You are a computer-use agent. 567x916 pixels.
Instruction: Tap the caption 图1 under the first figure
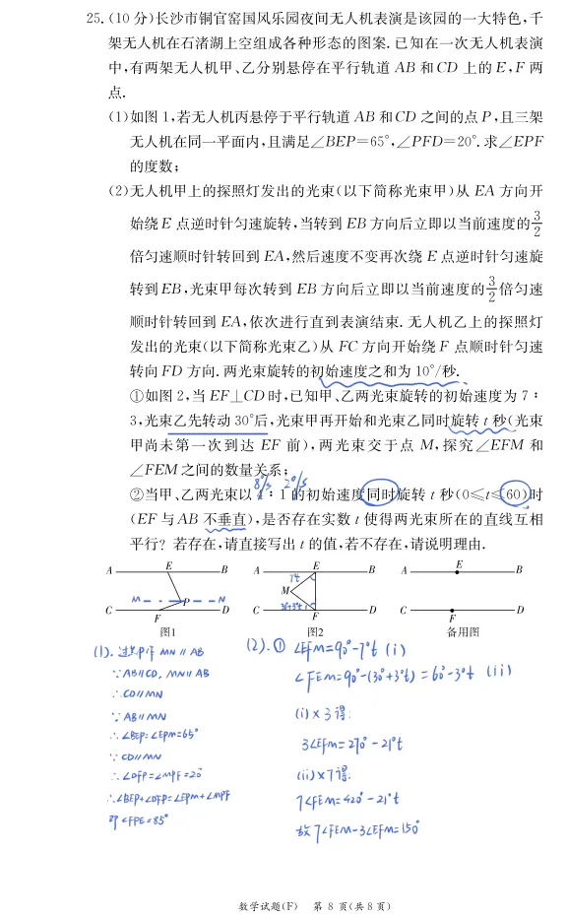point(167,631)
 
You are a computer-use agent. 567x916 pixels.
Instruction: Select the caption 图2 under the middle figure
point(315,631)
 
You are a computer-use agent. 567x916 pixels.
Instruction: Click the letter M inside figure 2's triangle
point(284,590)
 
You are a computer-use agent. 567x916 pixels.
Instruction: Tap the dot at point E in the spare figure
point(458,569)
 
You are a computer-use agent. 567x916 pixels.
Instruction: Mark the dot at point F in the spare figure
point(453,610)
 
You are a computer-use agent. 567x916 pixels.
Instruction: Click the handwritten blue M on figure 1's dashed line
point(133,598)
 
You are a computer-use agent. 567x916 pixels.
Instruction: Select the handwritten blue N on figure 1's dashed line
point(222,598)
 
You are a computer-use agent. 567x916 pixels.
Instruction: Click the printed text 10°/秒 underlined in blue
point(439,370)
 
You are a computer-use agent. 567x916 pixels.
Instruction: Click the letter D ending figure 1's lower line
point(225,611)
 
